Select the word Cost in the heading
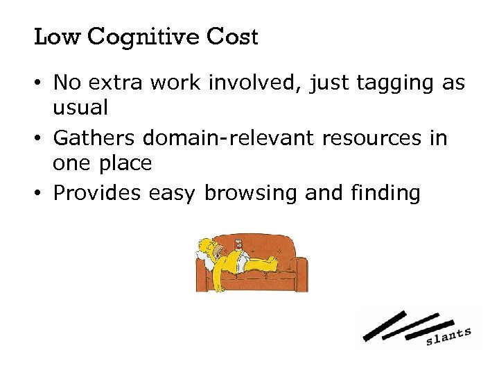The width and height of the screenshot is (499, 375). click(231, 37)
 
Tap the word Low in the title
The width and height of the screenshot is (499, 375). click(57, 37)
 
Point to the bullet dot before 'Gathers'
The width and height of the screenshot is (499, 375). click(42, 139)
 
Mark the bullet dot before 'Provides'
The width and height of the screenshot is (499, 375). click(42, 193)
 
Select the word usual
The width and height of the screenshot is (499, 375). click(80, 109)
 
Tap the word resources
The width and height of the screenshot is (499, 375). click(365, 138)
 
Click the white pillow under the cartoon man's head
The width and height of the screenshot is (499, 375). click(203, 258)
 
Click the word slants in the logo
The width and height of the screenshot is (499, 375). click(448, 336)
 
